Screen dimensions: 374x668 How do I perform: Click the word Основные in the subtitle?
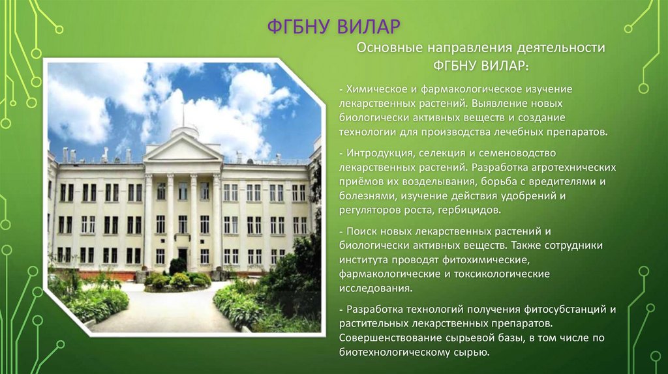coord(389,49)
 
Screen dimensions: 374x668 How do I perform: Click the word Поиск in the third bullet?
coord(361,231)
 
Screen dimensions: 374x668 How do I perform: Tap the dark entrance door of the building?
coord(183,259)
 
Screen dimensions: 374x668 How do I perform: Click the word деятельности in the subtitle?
coord(562,49)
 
